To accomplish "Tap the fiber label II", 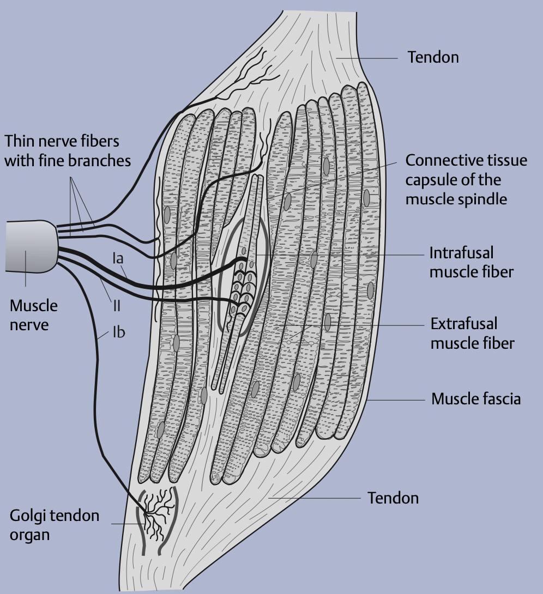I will pyautogui.click(x=116, y=306).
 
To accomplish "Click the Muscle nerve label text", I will pyautogui.click(x=33, y=315).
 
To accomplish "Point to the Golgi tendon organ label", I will pyautogui.click(x=55, y=525).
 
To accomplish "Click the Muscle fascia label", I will pyautogui.click(x=476, y=399).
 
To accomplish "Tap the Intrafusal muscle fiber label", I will pyautogui.click(x=470, y=262).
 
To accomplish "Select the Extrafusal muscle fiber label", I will pyautogui.click(x=472, y=334).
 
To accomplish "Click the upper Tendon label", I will pyautogui.click(x=433, y=57).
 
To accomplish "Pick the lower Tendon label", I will pyautogui.click(x=393, y=498).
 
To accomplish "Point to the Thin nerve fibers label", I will pyautogui.click(x=68, y=151).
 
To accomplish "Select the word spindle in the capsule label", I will pyautogui.click(x=482, y=199).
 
